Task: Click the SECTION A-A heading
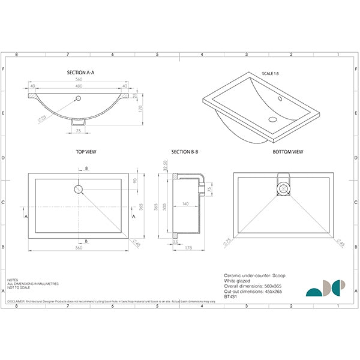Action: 80,72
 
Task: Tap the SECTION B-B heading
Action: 184,152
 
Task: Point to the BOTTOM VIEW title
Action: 287,152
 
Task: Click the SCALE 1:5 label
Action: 271,73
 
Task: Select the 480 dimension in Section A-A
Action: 79,86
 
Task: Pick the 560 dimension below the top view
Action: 79,248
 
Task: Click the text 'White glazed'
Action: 237,280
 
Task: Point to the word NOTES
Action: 13,280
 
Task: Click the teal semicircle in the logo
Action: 313,292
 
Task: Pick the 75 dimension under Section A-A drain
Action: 79,130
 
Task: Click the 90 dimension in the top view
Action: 136,181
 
